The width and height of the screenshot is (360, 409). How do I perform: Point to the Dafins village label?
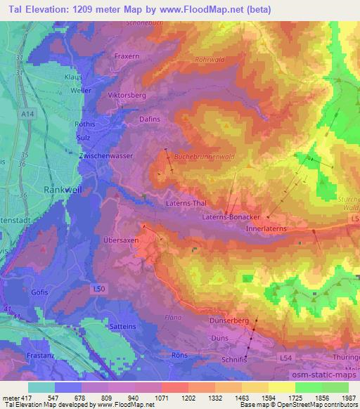pos(141,119)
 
